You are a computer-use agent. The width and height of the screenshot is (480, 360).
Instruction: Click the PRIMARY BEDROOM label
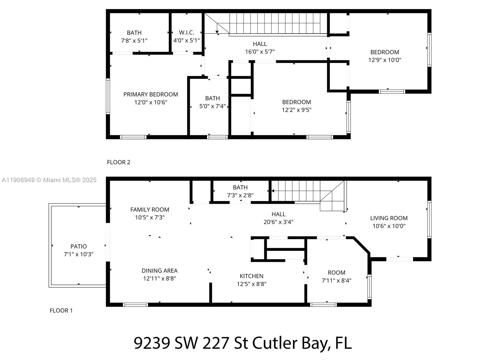pyautogui.click(x=151, y=94)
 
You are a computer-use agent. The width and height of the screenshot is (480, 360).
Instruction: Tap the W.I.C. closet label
pyautogui.click(x=186, y=32)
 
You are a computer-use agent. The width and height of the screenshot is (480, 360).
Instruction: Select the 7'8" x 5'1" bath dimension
pyautogui.click(x=134, y=40)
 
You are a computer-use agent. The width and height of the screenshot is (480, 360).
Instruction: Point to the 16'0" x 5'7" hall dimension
pyautogui.click(x=259, y=52)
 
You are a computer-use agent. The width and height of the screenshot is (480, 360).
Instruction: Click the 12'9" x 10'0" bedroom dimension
pyautogui.click(x=385, y=60)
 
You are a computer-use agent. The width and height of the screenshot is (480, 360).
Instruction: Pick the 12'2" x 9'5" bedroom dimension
pyautogui.click(x=296, y=110)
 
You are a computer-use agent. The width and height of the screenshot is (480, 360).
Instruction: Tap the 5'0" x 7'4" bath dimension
pyautogui.click(x=212, y=106)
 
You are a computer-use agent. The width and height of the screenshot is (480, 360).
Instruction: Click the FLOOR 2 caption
pyautogui.click(x=118, y=162)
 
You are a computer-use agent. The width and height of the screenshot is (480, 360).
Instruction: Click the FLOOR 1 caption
pyautogui.click(x=61, y=310)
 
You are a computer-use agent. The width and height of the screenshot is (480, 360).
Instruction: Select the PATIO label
pyautogui.click(x=79, y=246)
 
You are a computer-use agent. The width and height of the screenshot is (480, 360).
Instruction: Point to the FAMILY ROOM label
pyautogui.click(x=149, y=209)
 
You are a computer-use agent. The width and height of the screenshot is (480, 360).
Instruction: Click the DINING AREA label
pyautogui.click(x=159, y=271)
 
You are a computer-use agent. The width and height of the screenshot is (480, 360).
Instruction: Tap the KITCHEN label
pyautogui.click(x=251, y=276)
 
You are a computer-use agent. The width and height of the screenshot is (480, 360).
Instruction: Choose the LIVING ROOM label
pyautogui.click(x=388, y=218)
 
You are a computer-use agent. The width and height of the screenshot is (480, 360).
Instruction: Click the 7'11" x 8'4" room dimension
pyautogui.click(x=336, y=280)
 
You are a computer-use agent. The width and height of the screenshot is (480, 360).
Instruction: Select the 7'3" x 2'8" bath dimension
pyautogui.click(x=240, y=195)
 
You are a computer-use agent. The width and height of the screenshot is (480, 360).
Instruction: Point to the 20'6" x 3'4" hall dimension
pyautogui.click(x=278, y=222)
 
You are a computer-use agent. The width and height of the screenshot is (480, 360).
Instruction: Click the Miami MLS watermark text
pyautogui.click(x=49, y=180)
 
